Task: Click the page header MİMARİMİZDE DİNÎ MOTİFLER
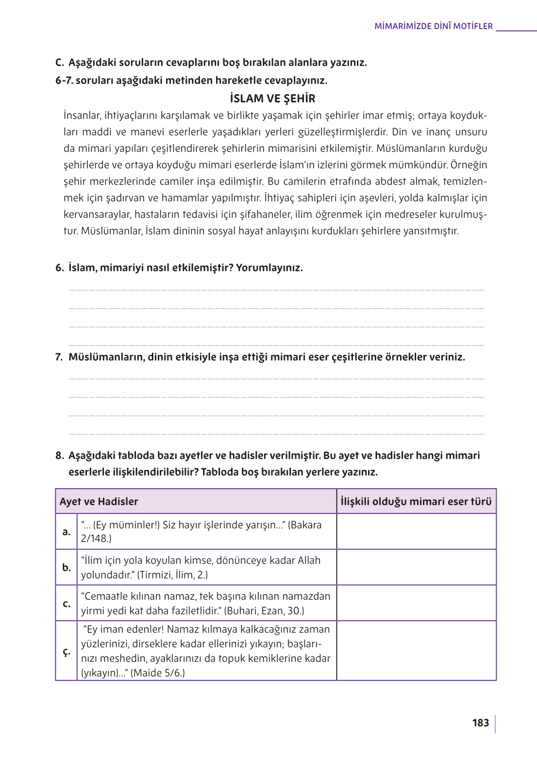pyautogui.click(x=433, y=26)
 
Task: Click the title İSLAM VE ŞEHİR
pyautogui.click(x=272, y=99)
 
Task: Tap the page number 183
pyautogui.click(x=480, y=723)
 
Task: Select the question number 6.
pyautogui.click(x=59, y=268)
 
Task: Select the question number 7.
pyautogui.click(x=59, y=357)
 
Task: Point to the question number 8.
pyautogui.click(x=59, y=456)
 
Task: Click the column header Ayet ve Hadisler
pyautogui.click(x=99, y=502)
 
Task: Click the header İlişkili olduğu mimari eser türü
pyautogui.click(x=416, y=502)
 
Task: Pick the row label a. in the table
pyautogui.click(x=67, y=532)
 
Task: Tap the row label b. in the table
pyautogui.click(x=67, y=567)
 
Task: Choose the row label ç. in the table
pyautogui.click(x=67, y=651)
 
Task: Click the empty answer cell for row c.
pyautogui.click(x=416, y=603)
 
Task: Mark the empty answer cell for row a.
pyautogui.click(x=416, y=532)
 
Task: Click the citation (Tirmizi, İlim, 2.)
pyautogui.click(x=172, y=575)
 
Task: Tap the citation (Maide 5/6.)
pyautogui.click(x=158, y=673)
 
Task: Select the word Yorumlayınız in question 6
pyautogui.click(x=269, y=268)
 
